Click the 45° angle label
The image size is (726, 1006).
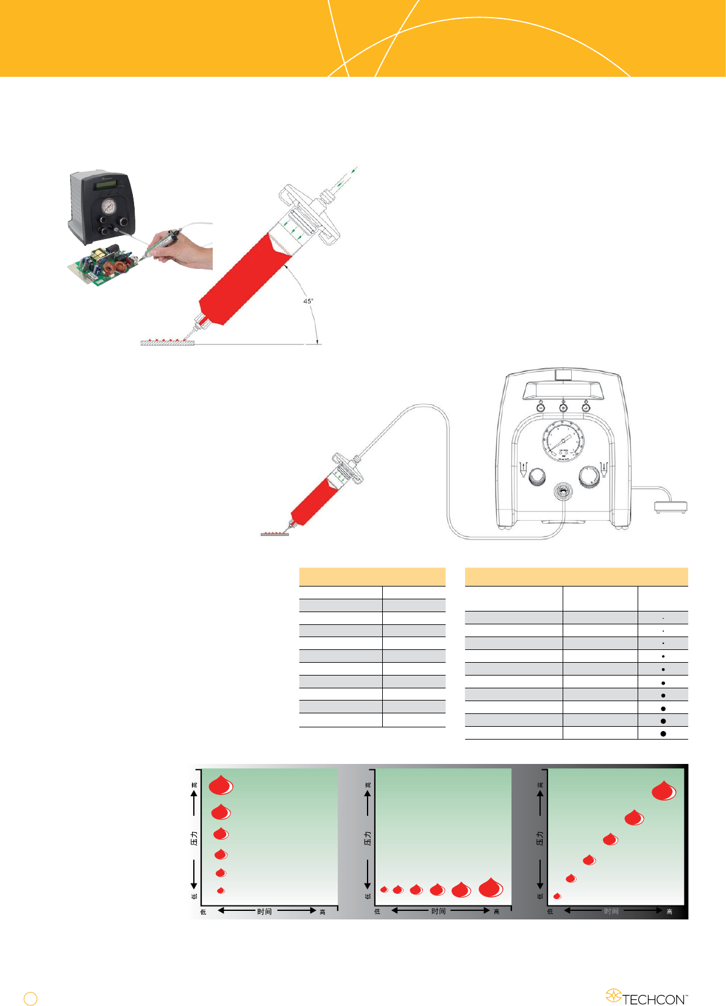pos(308,301)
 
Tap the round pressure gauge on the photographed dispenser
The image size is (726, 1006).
pos(109,205)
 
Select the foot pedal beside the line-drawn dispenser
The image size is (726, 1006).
pos(670,506)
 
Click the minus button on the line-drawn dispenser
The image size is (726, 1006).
pos(540,408)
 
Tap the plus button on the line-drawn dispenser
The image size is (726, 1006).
pos(563,408)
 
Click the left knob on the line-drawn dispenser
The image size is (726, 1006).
pos(536,476)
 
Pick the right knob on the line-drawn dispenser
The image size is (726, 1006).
pos(589,476)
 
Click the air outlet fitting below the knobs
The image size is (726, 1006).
pos(563,491)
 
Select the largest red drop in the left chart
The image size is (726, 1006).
pos(221,786)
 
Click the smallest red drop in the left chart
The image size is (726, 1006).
pos(221,891)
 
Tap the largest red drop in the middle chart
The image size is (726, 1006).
pos(491,888)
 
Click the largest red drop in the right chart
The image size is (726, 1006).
pos(663,791)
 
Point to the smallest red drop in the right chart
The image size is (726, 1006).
pos(557,896)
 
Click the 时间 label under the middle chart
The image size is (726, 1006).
pos(438,911)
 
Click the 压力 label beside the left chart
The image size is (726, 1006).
pos(194,838)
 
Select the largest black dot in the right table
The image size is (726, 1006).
pos(663,733)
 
